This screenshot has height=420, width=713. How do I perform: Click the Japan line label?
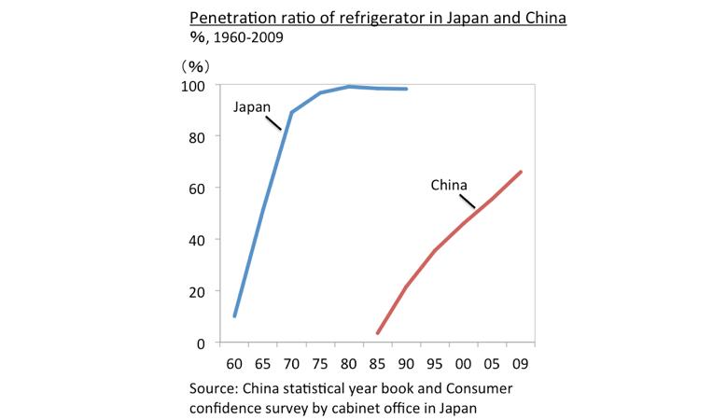coord(251,107)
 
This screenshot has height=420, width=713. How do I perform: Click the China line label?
coord(448,185)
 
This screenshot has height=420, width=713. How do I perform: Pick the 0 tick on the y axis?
coord(201,343)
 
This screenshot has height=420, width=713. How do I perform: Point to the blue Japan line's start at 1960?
coord(234,316)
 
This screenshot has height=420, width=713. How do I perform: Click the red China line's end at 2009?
coord(521,172)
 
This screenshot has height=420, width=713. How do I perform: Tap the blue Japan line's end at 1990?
coord(406,89)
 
